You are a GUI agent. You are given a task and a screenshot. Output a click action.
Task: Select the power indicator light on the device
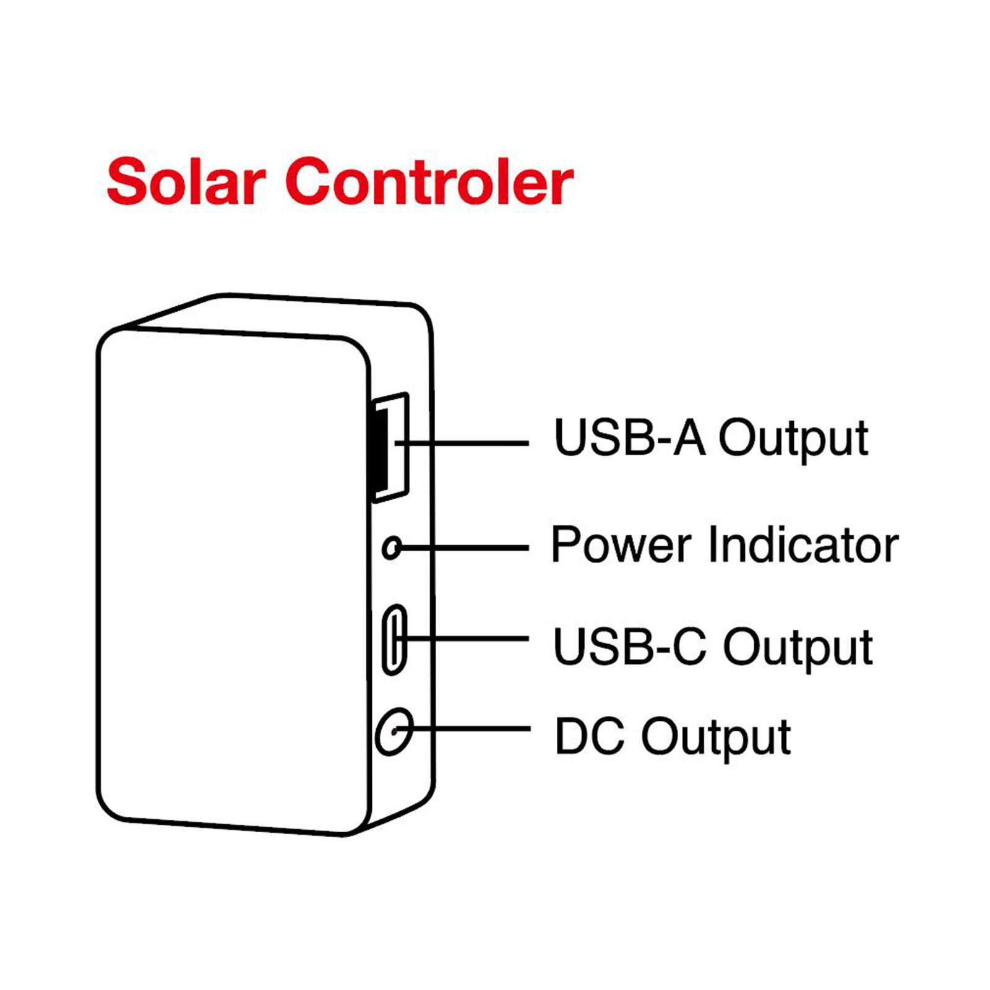391,548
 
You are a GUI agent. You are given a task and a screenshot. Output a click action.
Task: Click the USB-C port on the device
394,639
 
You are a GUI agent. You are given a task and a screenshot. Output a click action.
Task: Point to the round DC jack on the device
394,731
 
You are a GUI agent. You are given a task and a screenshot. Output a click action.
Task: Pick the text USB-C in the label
629,646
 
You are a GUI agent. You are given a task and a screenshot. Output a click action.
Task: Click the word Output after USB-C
798,647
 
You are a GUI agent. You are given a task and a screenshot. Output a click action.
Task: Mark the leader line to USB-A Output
470,443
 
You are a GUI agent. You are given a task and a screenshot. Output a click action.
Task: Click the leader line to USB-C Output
470,639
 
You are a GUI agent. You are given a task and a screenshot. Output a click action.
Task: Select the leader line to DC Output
470,729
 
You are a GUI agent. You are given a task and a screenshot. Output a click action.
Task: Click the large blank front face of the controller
232,575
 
